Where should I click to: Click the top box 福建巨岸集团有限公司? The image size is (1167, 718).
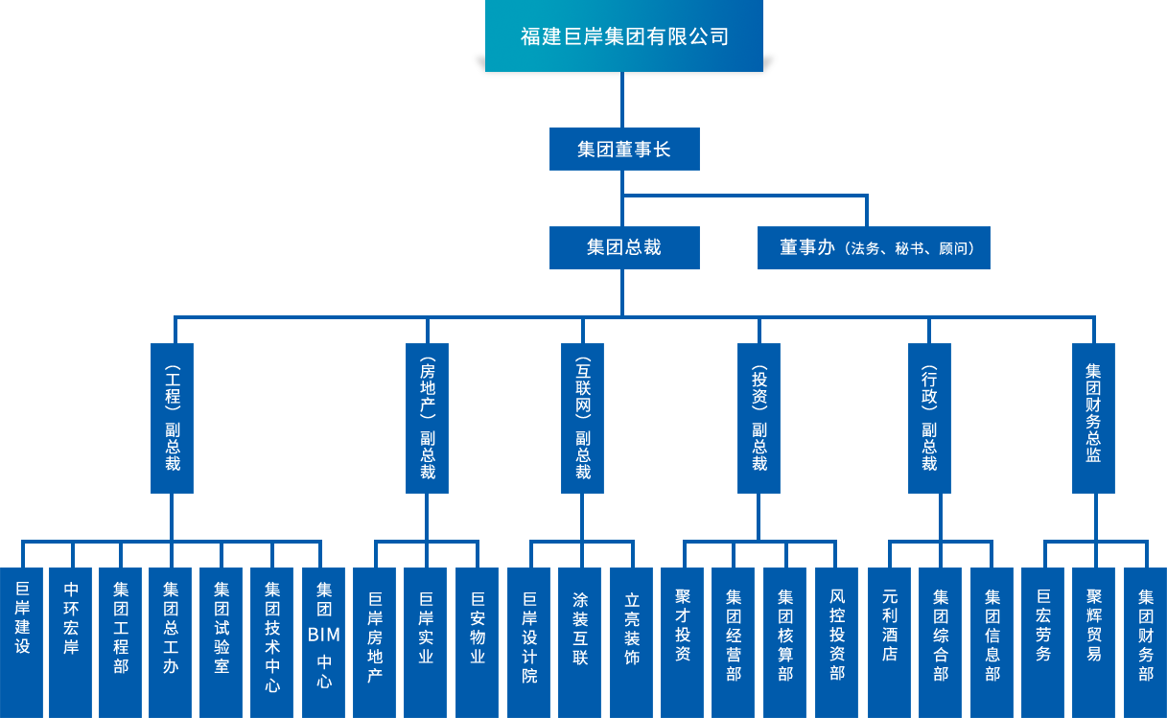pyautogui.click(x=623, y=36)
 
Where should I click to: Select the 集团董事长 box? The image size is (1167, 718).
pyautogui.click(x=624, y=150)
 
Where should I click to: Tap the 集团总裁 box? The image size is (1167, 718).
pyautogui.click(x=624, y=247)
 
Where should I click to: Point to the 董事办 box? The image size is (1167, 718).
pyautogui.click(x=874, y=247)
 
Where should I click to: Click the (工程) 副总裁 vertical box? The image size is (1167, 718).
pyautogui.click(x=173, y=418)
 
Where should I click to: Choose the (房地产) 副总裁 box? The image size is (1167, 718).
pyautogui.click(x=428, y=418)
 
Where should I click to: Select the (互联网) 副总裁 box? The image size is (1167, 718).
pyautogui.click(x=582, y=418)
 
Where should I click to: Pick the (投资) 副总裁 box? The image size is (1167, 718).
pyautogui.click(x=759, y=418)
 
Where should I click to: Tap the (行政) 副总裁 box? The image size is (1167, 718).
pyautogui.click(x=929, y=418)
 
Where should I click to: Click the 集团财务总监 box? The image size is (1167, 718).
pyautogui.click(x=1093, y=418)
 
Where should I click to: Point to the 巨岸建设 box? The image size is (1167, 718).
pyautogui.click(x=22, y=642)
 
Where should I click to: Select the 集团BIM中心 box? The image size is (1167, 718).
pyautogui.click(x=324, y=642)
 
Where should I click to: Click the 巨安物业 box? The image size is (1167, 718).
pyautogui.click(x=478, y=642)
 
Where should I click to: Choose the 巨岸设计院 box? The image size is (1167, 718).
pyautogui.click(x=529, y=642)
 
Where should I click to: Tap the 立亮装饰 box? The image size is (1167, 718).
pyautogui.click(x=632, y=642)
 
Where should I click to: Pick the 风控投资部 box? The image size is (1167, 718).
pyautogui.click(x=837, y=642)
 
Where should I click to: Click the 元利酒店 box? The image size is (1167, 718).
pyautogui.click(x=890, y=642)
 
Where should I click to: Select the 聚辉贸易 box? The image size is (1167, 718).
pyautogui.click(x=1094, y=642)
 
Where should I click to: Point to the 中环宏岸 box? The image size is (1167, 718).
pyautogui.click(x=71, y=642)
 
